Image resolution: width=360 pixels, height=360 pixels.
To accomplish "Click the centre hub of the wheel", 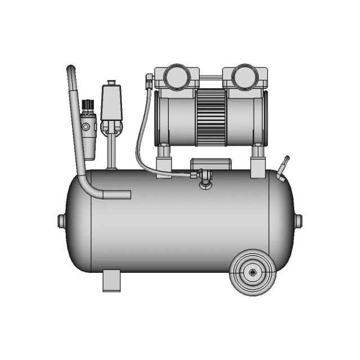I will point(252,272).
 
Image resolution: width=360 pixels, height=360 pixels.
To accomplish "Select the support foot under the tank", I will point(111,280).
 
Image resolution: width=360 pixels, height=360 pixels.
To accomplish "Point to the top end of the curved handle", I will point(71,70).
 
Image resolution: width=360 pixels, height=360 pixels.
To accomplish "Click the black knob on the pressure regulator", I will point(87,105).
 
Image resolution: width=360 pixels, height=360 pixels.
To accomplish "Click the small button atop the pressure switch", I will point(111,82).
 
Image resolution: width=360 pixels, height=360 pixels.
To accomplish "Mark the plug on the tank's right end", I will point(299,220).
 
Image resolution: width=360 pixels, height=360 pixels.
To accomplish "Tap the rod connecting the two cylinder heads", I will point(210,77).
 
